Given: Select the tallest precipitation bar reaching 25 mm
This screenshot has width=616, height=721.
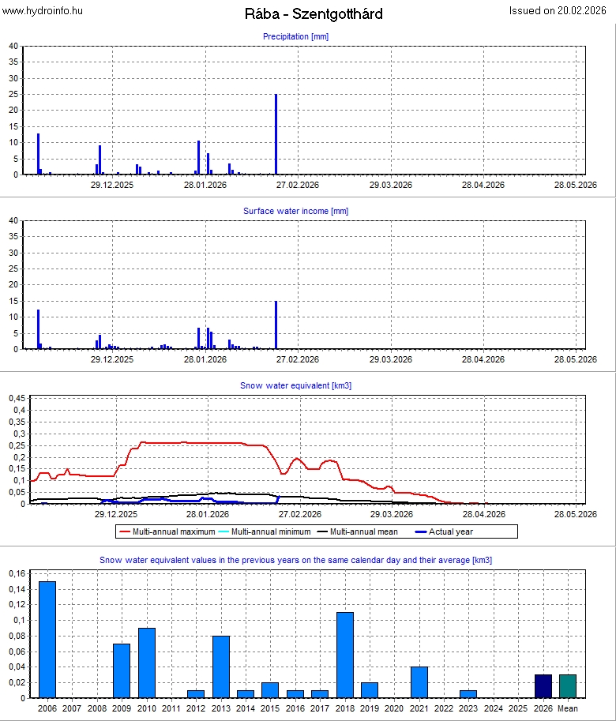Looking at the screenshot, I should point(276,134).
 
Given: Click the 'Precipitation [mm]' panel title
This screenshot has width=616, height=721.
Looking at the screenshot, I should point(295,36).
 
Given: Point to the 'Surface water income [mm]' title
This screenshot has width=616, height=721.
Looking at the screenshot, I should point(295,211).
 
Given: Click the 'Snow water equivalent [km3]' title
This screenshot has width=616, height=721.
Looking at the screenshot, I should point(295,385).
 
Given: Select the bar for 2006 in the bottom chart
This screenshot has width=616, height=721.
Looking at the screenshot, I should point(48,640).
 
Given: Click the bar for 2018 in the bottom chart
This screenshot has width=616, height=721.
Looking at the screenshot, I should point(344,655).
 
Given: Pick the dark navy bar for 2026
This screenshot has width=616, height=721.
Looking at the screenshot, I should point(543,686).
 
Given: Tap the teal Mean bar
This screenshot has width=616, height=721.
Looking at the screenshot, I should point(568,686).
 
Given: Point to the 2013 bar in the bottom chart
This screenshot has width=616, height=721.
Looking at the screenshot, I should point(221,667).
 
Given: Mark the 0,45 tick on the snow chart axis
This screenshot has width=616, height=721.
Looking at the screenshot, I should point(16,398).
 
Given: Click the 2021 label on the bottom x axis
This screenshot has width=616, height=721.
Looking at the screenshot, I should point(419,709).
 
